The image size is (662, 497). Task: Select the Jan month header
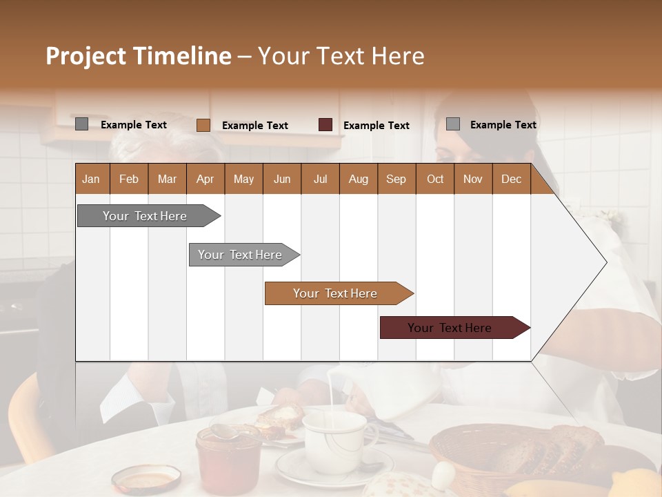(91, 179)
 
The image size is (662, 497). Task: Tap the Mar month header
(167, 179)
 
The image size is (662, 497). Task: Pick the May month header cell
(243, 179)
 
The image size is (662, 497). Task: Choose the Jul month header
(320, 179)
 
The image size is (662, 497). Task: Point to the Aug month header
(358, 179)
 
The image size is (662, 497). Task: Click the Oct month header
(435, 179)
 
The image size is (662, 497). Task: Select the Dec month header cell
(511, 179)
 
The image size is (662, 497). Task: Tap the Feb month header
(129, 179)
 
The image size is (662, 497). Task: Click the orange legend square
(203, 125)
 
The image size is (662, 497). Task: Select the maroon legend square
(325, 125)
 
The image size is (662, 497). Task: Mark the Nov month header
(473, 179)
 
